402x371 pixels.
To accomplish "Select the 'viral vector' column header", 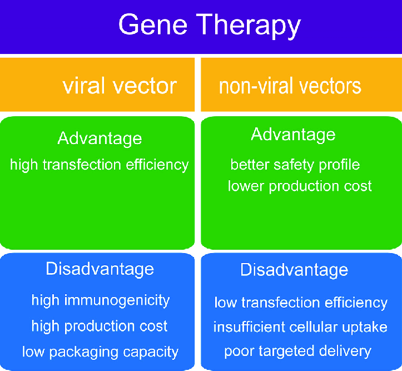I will pyautogui.click(x=120, y=86).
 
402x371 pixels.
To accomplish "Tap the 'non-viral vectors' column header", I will pyautogui.click(x=290, y=86).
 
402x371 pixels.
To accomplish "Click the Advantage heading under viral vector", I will pyautogui.click(x=100, y=138).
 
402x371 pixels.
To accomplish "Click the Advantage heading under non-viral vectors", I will pyautogui.click(x=293, y=135).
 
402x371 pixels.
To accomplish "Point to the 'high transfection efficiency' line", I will pyautogui.click(x=100, y=165).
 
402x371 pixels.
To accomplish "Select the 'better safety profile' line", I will pyautogui.click(x=295, y=165).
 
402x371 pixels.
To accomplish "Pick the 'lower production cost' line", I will pyautogui.click(x=300, y=186).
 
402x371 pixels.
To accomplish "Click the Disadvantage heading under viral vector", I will pyautogui.click(x=100, y=269).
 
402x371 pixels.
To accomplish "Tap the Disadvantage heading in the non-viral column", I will pyautogui.click(x=294, y=270).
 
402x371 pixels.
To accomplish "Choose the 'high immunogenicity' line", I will pyautogui.click(x=100, y=301).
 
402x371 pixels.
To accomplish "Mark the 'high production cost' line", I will pyautogui.click(x=100, y=326).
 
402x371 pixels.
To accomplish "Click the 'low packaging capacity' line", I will pyautogui.click(x=100, y=352).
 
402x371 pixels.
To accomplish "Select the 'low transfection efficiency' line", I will pyautogui.click(x=301, y=303).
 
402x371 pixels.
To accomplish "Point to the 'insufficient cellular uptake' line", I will pyautogui.click(x=300, y=327).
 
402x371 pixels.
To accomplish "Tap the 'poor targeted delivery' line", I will pyautogui.click(x=297, y=352).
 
